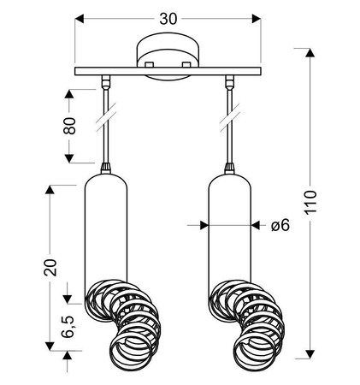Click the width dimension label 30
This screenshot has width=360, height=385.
tap(168, 19)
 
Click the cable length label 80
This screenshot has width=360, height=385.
tap(70, 126)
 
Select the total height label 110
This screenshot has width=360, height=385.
tap(310, 202)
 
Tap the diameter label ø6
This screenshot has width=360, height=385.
tap(280, 226)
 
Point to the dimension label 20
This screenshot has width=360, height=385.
tap(50, 268)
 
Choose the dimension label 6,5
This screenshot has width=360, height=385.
tap(68, 327)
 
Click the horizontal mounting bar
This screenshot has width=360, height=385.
tap(168, 71)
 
